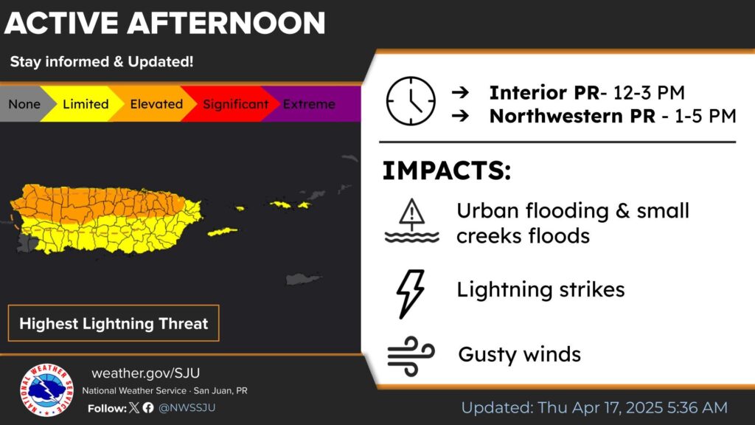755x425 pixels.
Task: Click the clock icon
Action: click(x=411, y=101)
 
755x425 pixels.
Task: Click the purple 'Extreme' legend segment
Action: click(x=313, y=104)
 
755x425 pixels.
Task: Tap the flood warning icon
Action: click(x=411, y=221)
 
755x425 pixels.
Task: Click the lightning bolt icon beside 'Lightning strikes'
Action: click(x=410, y=294)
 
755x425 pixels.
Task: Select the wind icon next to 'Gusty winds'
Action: click(x=411, y=356)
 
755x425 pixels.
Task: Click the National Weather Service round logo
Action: click(x=46, y=390)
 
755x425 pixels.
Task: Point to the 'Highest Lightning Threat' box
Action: click(x=114, y=323)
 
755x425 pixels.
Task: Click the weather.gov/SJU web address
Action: click(x=145, y=373)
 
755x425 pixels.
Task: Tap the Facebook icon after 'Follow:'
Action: click(x=148, y=407)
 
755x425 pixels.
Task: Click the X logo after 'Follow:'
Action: click(x=134, y=407)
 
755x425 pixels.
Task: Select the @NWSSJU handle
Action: click(x=187, y=407)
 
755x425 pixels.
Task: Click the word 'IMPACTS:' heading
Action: click(x=446, y=170)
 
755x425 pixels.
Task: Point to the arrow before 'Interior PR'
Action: click(x=460, y=92)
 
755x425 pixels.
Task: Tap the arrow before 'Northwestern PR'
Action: click(x=460, y=116)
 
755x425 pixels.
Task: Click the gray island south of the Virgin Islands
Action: click(x=303, y=278)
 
